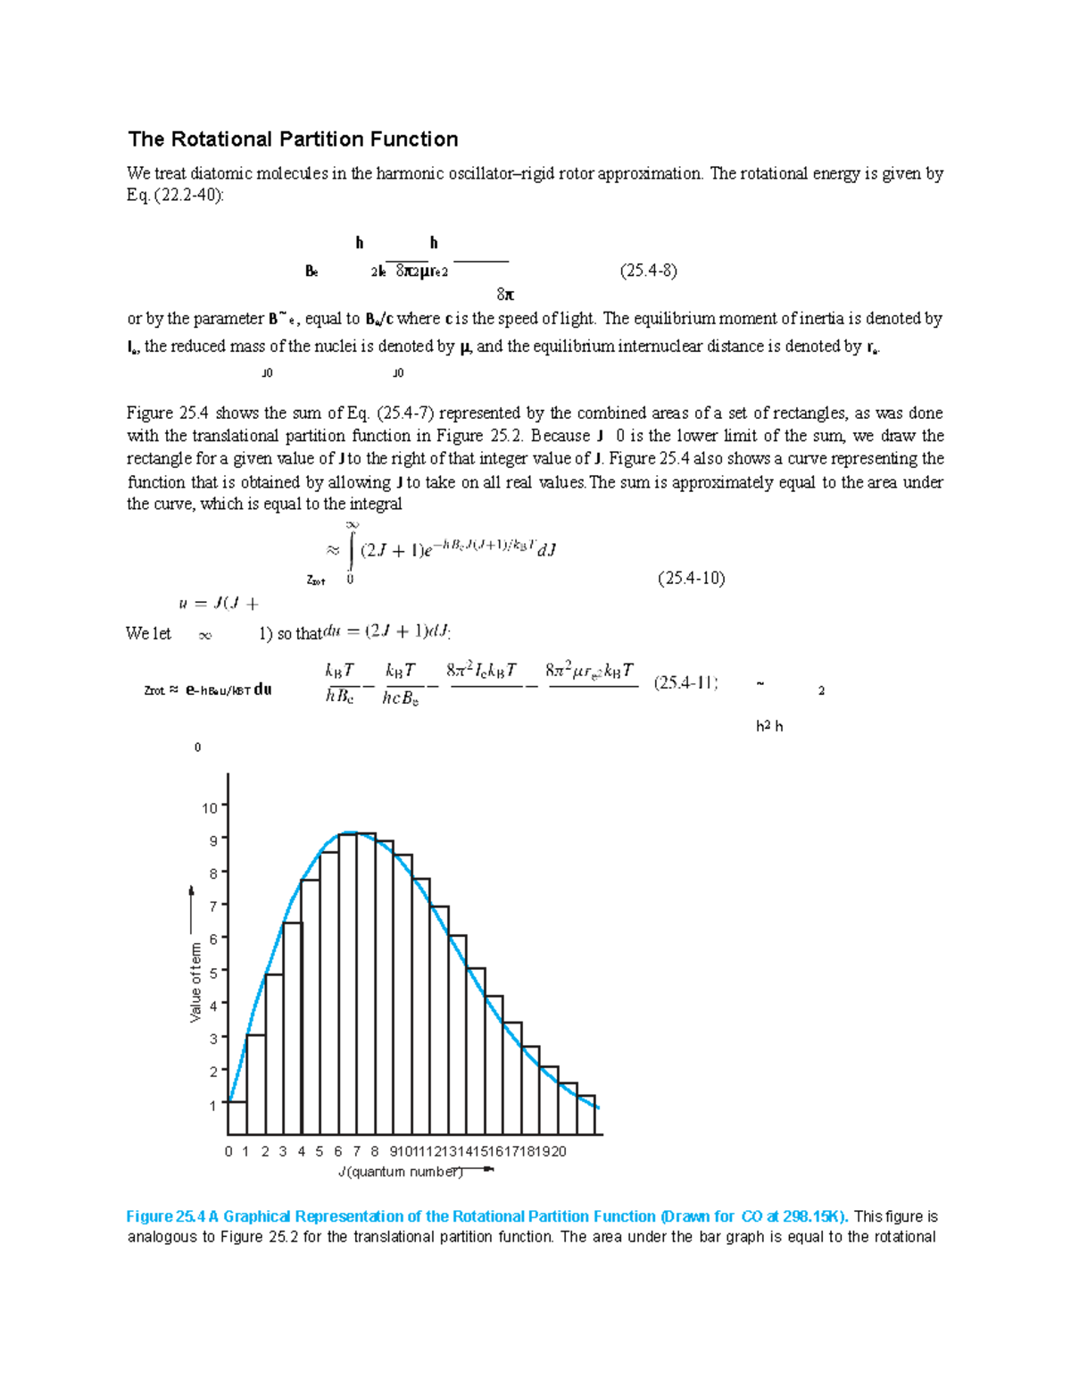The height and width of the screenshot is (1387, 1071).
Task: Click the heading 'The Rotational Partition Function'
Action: click(293, 139)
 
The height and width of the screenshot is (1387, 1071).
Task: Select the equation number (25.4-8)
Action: click(648, 271)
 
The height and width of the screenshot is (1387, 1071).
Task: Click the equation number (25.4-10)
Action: click(691, 578)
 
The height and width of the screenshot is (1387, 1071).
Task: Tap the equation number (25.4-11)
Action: click(685, 683)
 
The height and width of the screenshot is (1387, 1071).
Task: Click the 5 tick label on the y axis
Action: click(213, 972)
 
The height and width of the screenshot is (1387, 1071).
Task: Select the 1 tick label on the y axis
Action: click(213, 1105)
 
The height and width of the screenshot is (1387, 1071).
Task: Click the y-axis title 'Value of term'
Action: click(196, 982)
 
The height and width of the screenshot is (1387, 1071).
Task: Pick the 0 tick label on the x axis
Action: click(228, 1151)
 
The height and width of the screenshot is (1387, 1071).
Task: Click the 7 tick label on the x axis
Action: click(356, 1151)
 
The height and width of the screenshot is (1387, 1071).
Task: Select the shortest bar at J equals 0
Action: click(237, 1117)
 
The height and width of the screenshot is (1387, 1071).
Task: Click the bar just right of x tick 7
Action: click(366, 982)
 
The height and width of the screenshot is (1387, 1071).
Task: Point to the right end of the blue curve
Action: click(597, 1107)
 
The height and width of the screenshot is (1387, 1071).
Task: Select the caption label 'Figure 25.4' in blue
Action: click(166, 1216)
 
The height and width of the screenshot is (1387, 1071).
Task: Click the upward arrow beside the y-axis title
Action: click(191, 911)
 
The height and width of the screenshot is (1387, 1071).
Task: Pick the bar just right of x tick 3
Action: click(292, 1027)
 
